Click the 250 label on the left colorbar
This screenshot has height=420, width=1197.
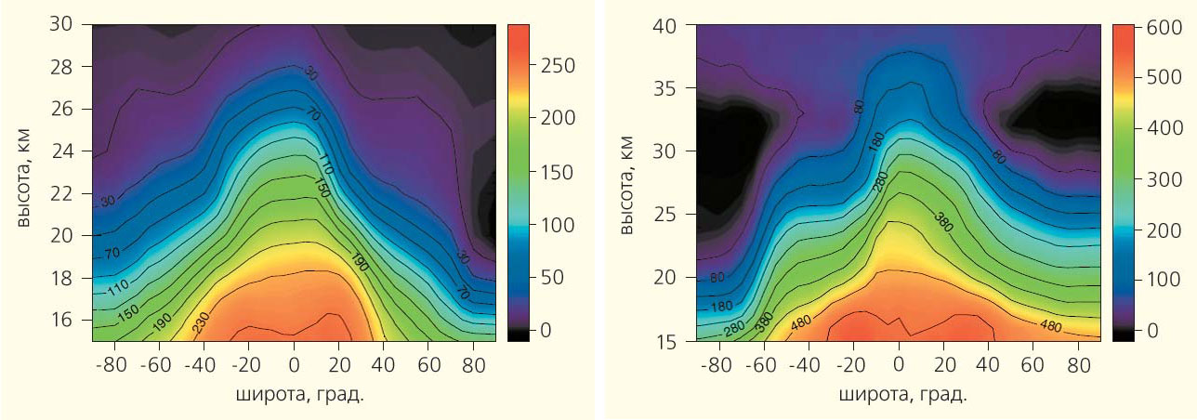(559, 66)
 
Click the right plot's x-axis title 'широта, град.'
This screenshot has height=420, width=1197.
(901, 395)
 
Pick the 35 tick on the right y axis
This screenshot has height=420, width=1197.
(666, 88)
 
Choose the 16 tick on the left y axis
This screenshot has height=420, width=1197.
(61, 320)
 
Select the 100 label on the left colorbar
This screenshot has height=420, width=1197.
(559, 225)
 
